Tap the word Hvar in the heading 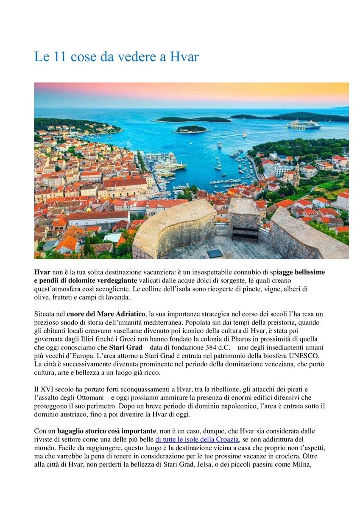(184, 57)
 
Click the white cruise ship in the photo (303, 124)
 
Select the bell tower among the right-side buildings (296, 173)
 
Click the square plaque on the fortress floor (215, 253)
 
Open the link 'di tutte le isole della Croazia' (197, 439)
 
